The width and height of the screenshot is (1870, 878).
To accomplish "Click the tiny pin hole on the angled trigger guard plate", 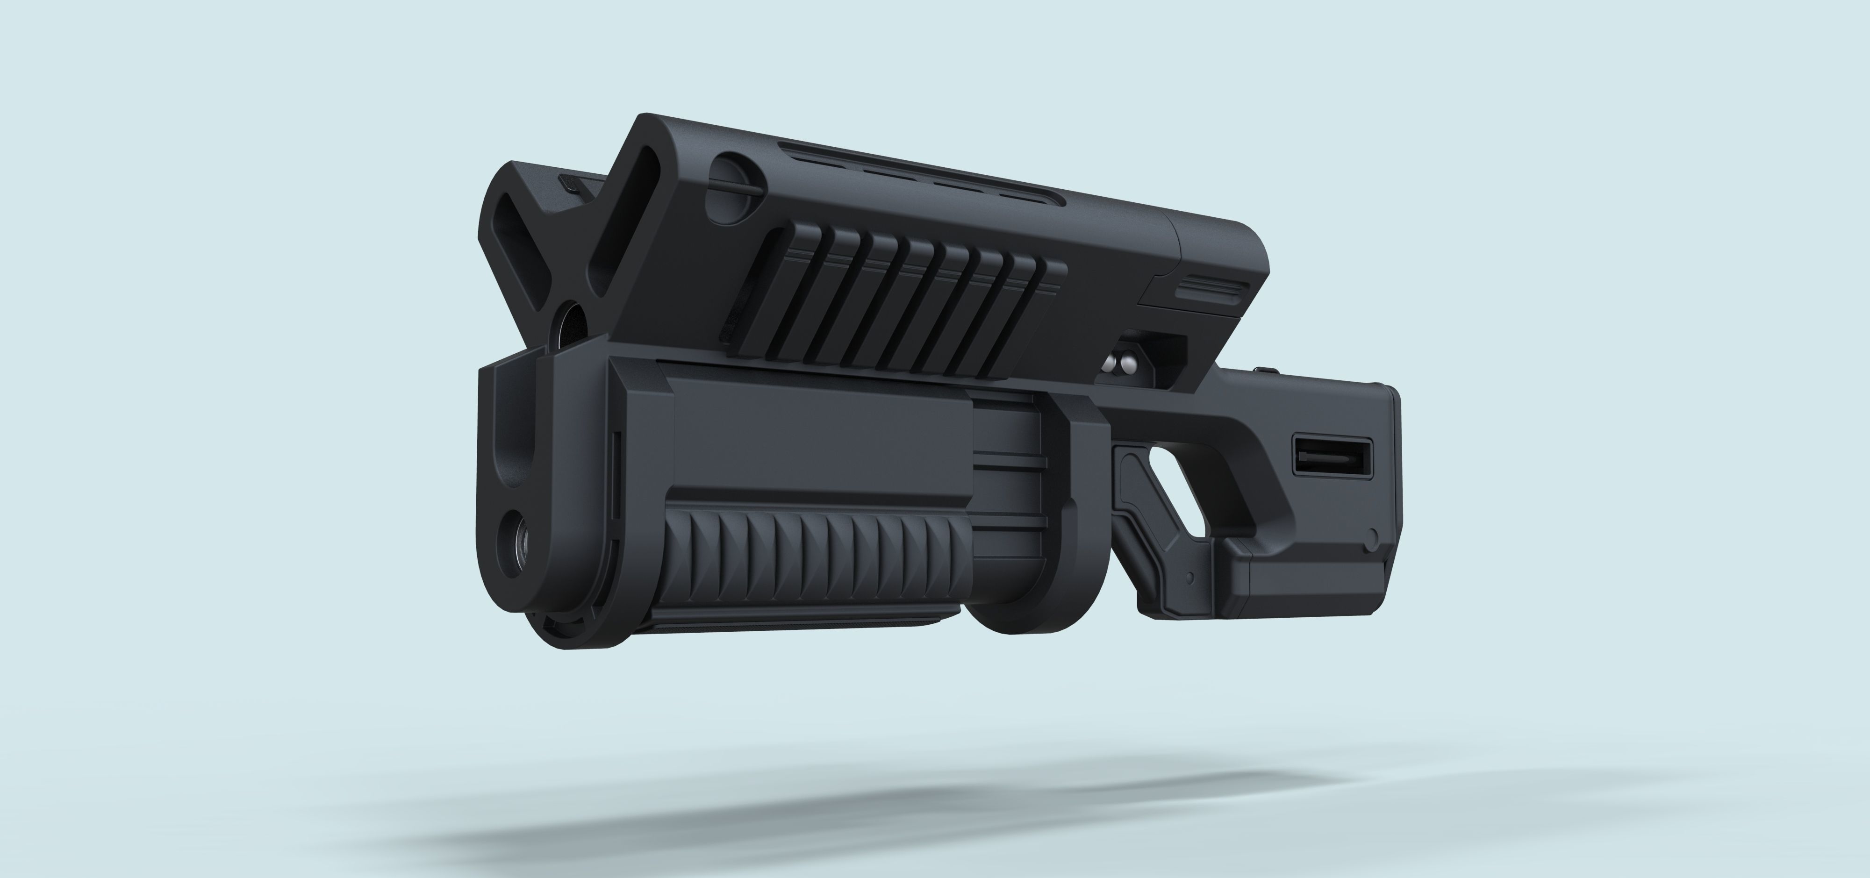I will coord(1189,578).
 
